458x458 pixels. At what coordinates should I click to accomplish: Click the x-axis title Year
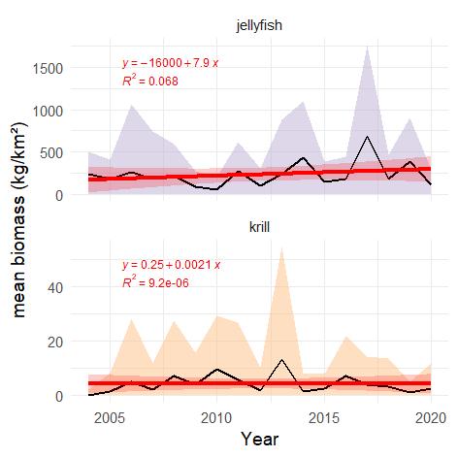coord(259,440)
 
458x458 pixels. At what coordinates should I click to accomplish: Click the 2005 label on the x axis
coord(109,417)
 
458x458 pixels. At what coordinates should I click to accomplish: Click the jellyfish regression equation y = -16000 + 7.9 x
coord(171,64)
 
